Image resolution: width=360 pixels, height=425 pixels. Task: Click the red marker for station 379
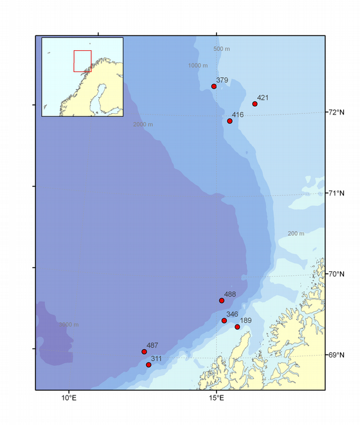point(214,86)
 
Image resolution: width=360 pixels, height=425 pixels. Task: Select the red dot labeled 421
point(255,104)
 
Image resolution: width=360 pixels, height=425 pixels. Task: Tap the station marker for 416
point(230,121)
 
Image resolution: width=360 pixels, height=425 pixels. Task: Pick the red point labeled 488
point(222,300)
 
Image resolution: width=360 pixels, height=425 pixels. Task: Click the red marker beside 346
point(224,320)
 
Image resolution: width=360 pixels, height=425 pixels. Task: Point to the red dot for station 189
point(237,327)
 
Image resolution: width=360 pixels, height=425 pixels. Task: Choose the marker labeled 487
point(144,352)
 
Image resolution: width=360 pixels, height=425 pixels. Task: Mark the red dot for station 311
point(148,365)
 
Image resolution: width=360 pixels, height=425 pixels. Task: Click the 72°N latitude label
point(337,113)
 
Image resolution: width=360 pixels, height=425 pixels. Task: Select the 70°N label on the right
point(337,274)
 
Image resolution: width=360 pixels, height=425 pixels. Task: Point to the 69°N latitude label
point(337,355)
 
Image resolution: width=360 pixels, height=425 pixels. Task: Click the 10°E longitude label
point(69,399)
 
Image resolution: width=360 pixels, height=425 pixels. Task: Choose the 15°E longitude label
point(217,399)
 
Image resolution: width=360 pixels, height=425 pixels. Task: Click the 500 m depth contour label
point(221,50)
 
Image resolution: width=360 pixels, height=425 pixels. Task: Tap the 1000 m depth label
point(198,66)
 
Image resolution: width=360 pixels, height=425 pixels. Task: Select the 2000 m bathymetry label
point(143,124)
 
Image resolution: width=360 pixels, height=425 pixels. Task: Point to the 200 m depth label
point(296,233)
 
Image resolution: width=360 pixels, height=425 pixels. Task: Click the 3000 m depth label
point(69,325)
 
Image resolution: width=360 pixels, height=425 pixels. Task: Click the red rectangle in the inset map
point(82,60)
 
